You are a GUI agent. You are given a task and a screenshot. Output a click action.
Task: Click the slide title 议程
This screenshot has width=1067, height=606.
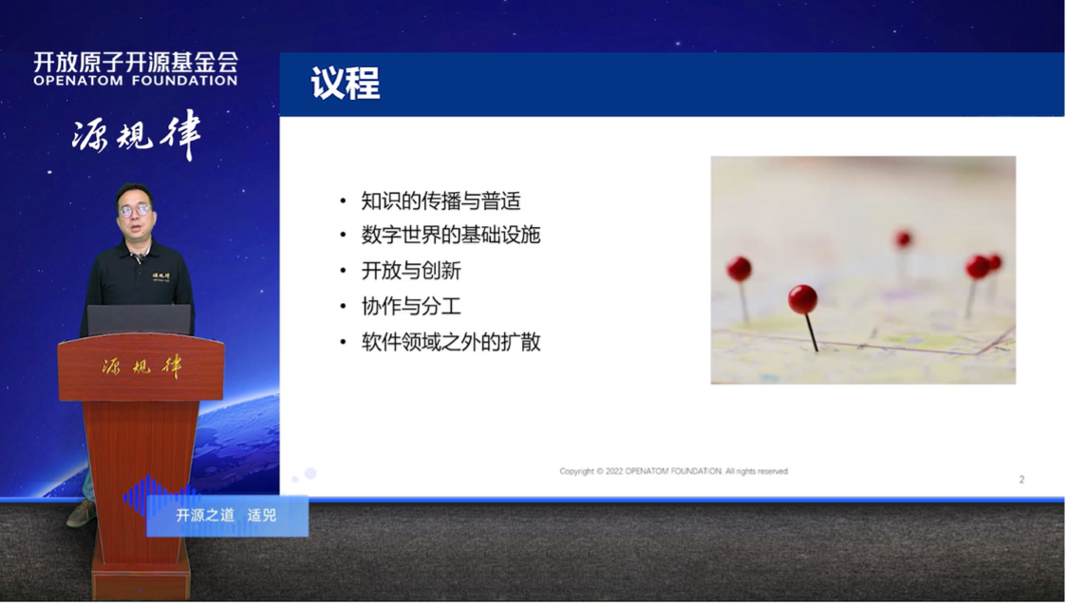pos(346,85)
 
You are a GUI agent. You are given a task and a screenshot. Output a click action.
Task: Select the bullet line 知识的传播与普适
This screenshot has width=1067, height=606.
pos(440,201)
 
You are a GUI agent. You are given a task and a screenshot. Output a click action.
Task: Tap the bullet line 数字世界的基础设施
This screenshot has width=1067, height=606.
pos(450,236)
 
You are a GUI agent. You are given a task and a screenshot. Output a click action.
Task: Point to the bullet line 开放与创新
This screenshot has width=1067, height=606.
pos(411,271)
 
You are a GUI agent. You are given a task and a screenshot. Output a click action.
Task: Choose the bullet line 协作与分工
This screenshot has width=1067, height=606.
pos(411,306)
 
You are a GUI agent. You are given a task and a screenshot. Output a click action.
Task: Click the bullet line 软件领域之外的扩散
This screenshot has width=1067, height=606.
pos(450,342)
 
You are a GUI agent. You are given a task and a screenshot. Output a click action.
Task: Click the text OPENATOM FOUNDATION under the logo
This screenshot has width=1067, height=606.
pos(136,81)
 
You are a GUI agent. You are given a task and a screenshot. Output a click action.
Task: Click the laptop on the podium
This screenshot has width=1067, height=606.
pos(139,320)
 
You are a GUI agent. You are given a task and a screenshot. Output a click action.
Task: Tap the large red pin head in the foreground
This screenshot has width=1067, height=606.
pos(803,299)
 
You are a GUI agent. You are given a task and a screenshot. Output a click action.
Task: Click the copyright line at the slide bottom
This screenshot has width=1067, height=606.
pos(674,471)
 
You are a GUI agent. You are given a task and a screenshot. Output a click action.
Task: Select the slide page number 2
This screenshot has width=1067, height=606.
pos(1021,480)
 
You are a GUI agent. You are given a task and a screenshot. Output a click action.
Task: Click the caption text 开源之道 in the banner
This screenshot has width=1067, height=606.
pos(205,516)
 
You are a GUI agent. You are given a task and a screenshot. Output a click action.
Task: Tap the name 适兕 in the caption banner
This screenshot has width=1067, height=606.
pos(262,516)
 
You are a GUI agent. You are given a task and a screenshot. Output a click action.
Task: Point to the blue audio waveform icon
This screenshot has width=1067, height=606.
pos(157,496)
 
